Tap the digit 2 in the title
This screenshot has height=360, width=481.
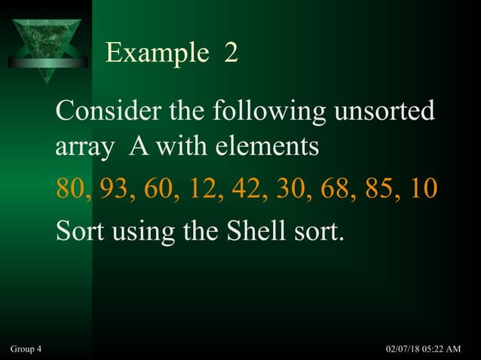(x=231, y=53)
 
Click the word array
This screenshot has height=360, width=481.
(x=79, y=147)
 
